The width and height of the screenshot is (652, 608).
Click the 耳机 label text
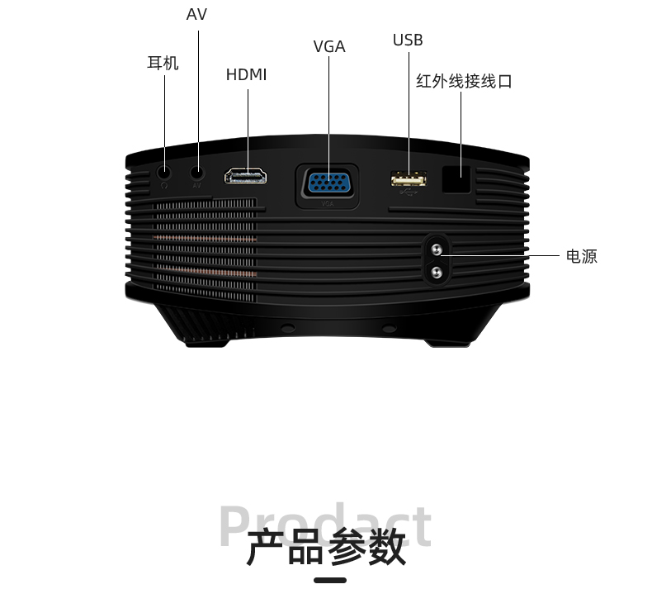pos(163,64)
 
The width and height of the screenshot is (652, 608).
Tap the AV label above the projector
pos(196,15)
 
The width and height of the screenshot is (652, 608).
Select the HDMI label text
pos(247,75)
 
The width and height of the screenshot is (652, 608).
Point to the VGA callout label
pos(329,47)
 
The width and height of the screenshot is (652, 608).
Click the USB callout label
pos(408,40)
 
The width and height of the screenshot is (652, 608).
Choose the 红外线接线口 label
pos(464,82)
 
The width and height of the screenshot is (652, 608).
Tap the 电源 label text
pos(581,257)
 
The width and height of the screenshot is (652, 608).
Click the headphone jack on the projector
pos(164,172)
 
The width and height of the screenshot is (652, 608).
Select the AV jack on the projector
pos(197,172)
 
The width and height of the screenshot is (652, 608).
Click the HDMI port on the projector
pos(247,176)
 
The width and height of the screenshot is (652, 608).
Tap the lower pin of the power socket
pos(437,269)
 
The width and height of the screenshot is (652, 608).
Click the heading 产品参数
pos(326,548)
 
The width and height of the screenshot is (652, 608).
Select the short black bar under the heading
pos(330,580)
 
